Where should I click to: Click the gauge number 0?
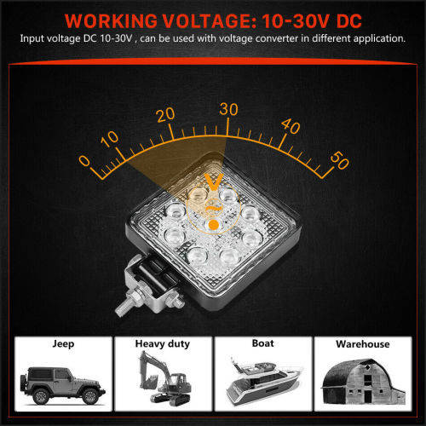(x=83, y=159)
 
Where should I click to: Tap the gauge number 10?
(x=110, y=138)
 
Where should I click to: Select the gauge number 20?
(x=165, y=114)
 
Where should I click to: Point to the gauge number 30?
(x=228, y=108)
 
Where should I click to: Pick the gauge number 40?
(x=290, y=127)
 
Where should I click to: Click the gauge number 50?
(x=339, y=159)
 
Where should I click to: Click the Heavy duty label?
(x=162, y=344)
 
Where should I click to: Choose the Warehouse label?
(x=362, y=344)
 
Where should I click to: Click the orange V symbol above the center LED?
(x=213, y=180)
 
